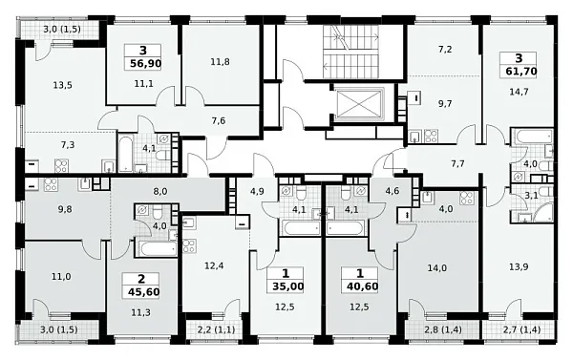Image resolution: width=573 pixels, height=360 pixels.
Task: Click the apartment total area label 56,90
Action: (x=145, y=64)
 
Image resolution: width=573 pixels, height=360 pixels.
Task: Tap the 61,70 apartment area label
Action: (x=521, y=71)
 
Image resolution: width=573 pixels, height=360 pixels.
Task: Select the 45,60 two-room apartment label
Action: (x=144, y=292)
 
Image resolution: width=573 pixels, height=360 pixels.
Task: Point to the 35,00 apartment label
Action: (x=288, y=286)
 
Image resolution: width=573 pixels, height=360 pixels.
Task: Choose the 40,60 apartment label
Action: (x=362, y=286)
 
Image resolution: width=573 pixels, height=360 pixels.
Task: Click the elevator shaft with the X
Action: (x=359, y=104)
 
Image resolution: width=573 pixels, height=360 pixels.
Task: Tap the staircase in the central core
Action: (x=350, y=52)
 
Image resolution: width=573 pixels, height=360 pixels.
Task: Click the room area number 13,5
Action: (x=62, y=86)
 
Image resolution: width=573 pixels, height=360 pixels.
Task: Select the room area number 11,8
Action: (x=220, y=62)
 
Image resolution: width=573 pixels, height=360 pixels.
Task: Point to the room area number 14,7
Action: (x=519, y=92)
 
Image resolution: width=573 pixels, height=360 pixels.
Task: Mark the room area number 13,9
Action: (x=519, y=267)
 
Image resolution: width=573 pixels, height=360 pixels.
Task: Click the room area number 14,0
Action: (x=437, y=268)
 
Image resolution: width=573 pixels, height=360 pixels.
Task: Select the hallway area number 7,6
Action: (x=219, y=120)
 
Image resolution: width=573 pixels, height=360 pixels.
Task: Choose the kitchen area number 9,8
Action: (x=65, y=209)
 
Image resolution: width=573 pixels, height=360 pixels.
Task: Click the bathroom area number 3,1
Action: (x=531, y=196)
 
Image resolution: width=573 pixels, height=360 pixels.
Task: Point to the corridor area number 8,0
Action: (x=160, y=191)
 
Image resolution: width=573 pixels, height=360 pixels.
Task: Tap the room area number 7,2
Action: (x=445, y=50)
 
